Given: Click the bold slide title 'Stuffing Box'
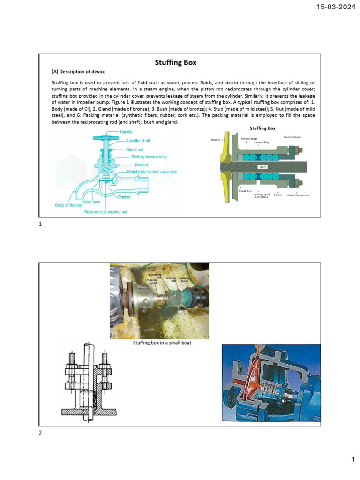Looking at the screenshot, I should (x=176, y=62).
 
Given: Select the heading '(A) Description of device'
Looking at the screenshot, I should (x=78, y=72).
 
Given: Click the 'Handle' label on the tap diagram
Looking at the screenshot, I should (x=126, y=132).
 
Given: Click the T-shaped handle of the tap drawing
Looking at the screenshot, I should (x=107, y=138).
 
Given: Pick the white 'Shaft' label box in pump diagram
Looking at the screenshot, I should (x=262, y=166).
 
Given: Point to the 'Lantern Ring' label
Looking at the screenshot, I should (x=261, y=142).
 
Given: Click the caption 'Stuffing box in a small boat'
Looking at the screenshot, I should (x=162, y=343).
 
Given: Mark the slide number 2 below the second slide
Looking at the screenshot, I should (x=40, y=433).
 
